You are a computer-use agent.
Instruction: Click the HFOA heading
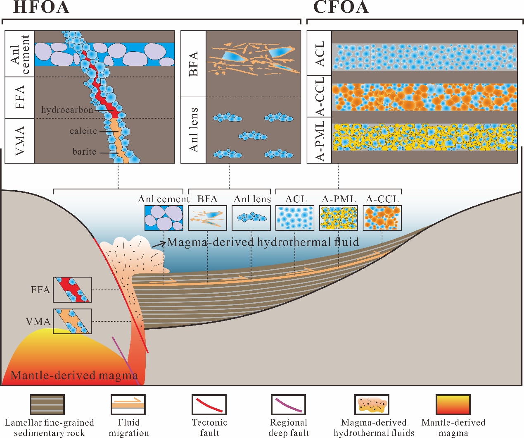point(41,7)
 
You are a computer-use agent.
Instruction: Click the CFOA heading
point(341,7)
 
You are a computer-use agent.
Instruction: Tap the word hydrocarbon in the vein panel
point(67,110)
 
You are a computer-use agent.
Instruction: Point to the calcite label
point(83,131)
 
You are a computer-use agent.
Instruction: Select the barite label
point(84,152)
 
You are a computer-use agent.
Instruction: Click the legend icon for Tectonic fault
point(209,405)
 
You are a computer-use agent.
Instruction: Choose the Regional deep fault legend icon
point(288,405)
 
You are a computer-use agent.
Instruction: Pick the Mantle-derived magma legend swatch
point(453,405)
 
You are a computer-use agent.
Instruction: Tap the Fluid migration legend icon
point(128,405)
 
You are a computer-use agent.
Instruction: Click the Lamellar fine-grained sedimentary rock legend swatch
point(47,405)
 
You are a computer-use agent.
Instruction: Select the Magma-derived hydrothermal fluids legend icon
point(372,405)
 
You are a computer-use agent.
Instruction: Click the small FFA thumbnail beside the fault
point(72,290)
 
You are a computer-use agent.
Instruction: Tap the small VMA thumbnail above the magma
point(72,321)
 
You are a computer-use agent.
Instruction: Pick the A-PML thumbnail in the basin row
point(339,218)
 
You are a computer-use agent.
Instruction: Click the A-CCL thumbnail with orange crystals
point(382,218)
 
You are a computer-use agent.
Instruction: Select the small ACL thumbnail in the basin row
point(295,218)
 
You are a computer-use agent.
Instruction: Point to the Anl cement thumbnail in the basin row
point(164,218)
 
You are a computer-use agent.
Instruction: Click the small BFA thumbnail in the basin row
point(207,218)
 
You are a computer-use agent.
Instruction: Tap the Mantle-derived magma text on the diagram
point(74,376)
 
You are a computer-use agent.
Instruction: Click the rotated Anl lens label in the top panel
point(193,130)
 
